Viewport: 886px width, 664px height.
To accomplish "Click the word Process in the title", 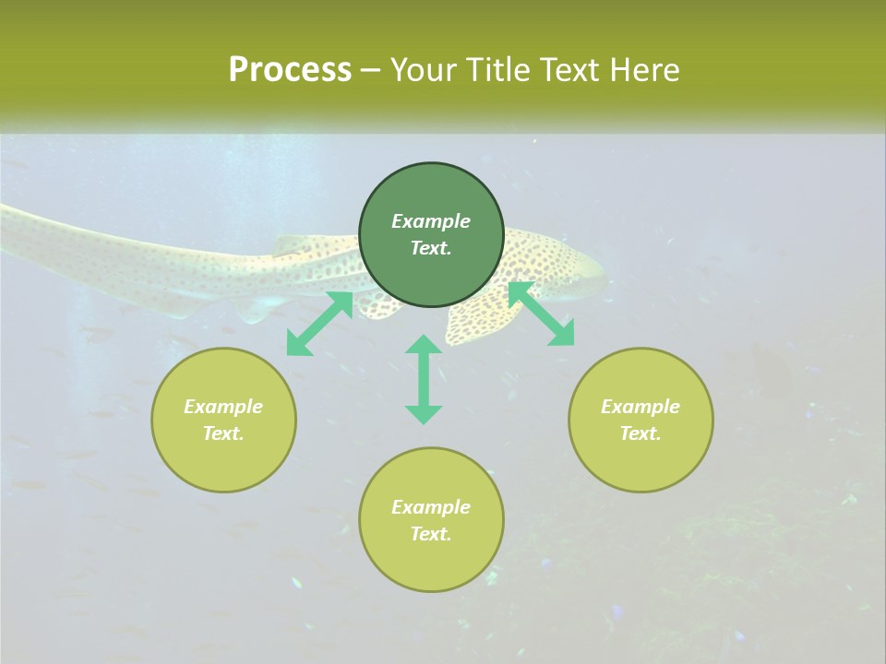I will point(290,70).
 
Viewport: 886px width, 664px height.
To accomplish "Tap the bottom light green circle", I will point(431,553).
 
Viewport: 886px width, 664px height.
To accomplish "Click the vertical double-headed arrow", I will point(424,379).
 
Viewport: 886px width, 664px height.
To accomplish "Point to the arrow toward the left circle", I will point(319,324).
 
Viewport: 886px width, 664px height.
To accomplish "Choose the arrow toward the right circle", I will point(541,314).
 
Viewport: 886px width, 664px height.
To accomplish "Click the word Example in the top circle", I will point(431,221).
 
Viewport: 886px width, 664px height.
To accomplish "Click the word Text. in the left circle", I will point(223,433).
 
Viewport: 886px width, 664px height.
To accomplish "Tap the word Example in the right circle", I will point(641,407).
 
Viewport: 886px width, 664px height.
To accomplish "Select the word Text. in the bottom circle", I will point(431,534).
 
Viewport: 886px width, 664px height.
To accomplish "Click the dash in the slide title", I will point(370,71).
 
